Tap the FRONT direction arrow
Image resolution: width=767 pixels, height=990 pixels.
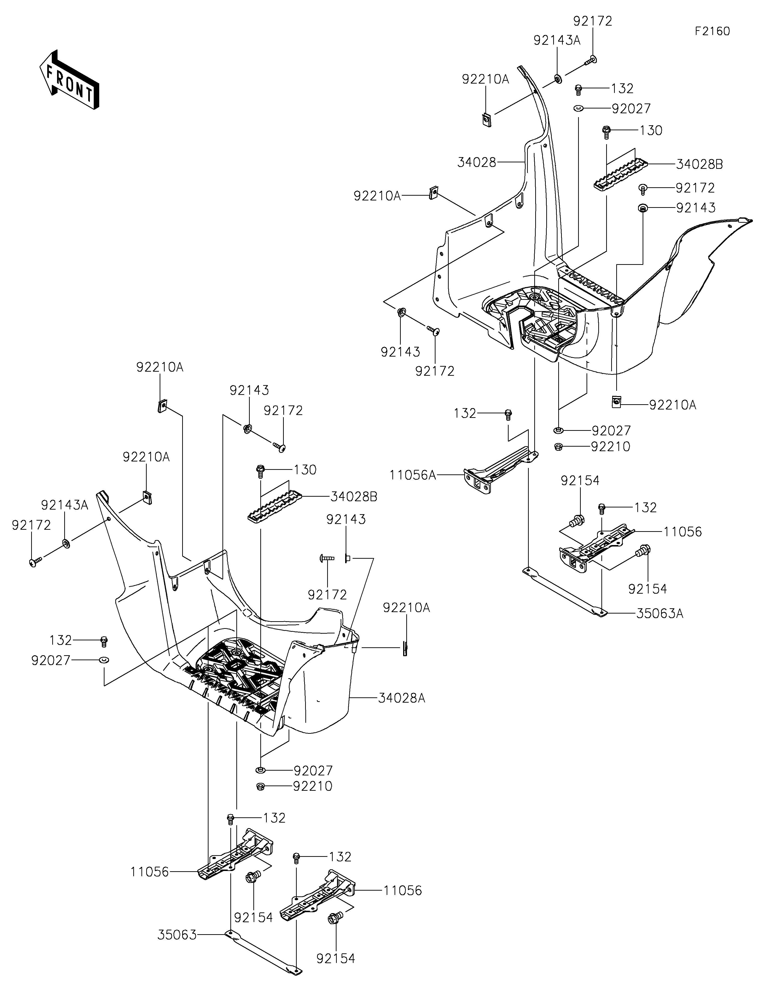pos(69,79)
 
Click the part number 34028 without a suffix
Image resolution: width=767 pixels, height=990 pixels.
pos(477,162)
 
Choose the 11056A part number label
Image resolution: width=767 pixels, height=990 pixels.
pos(412,475)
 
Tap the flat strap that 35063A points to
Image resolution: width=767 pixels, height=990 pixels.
pos(565,592)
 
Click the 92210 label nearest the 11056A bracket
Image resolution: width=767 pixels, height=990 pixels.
pos(610,447)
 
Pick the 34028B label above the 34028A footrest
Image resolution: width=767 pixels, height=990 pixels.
pos(354,497)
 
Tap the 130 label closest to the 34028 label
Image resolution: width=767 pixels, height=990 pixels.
pos(651,131)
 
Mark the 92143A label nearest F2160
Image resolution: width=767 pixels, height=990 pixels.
pos(557,40)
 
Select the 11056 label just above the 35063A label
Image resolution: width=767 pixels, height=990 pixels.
pos(683,532)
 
